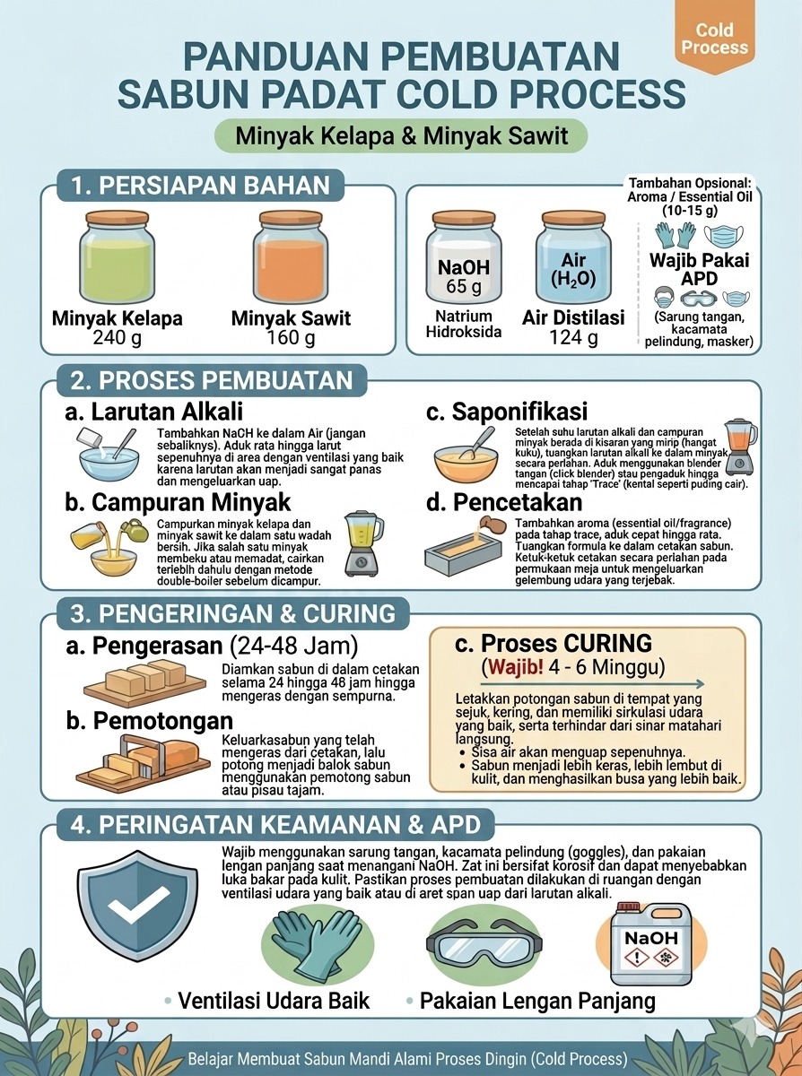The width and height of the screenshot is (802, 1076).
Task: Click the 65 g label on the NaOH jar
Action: [x=464, y=286]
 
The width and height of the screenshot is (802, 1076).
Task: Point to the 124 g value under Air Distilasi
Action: [x=573, y=337]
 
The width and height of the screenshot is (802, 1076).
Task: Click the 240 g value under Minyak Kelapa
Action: [x=117, y=337]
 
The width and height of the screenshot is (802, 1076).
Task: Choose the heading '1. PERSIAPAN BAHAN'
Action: [x=201, y=186]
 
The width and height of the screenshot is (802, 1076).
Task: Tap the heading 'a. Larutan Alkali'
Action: [x=154, y=412]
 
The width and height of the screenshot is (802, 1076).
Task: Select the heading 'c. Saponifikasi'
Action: [x=507, y=412]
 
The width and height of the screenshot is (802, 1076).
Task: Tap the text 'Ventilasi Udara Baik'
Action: [x=274, y=1000]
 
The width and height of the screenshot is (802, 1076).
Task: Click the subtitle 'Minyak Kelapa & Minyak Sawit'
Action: [x=402, y=135]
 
